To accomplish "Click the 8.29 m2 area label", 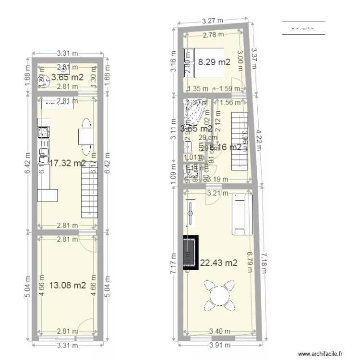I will click(214, 62).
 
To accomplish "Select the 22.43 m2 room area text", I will click(219, 263).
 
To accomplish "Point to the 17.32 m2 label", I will click(68, 163).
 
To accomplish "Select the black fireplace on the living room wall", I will click(190, 252).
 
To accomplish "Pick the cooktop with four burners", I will click(43, 131).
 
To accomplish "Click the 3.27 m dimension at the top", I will click(212, 21).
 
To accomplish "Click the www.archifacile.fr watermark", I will click(321, 354).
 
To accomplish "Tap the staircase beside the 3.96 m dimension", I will click(240, 141).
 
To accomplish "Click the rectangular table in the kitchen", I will click(85, 137).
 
